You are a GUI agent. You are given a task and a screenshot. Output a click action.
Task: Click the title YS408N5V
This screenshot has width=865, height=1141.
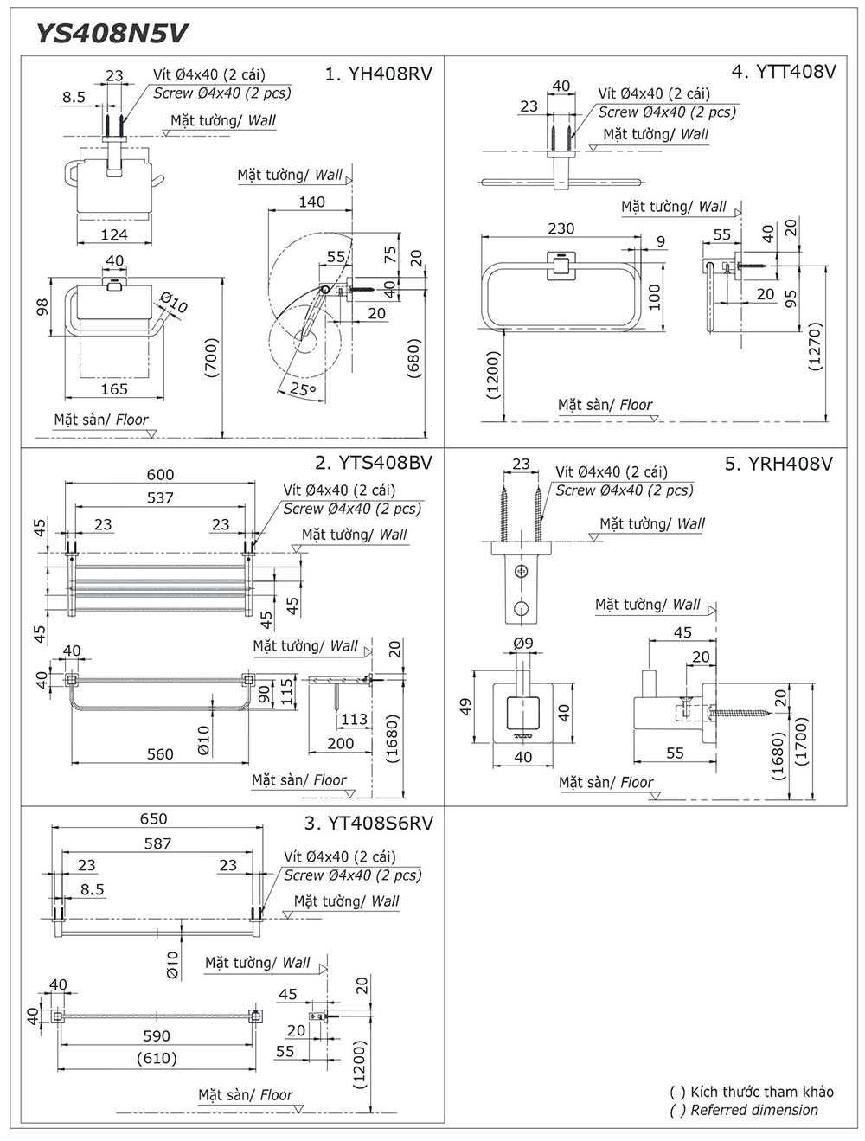click(x=112, y=34)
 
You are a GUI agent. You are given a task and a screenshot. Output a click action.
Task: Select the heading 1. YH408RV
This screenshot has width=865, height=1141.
click(x=378, y=74)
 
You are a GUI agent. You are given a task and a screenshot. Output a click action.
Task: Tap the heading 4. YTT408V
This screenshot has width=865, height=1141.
click(x=784, y=71)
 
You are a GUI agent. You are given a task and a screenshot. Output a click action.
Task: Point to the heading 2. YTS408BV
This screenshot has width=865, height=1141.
click(x=374, y=462)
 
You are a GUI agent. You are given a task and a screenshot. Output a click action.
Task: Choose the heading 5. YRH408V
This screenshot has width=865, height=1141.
click(x=778, y=463)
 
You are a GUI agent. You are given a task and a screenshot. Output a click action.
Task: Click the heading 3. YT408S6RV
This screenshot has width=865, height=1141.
click(x=368, y=823)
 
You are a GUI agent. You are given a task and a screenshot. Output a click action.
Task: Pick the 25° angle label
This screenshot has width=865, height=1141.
click(x=303, y=388)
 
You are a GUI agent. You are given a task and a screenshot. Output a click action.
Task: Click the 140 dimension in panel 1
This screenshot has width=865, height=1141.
click(x=311, y=202)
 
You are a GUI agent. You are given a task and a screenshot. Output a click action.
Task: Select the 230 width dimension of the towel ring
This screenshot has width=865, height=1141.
click(x=561, y=228)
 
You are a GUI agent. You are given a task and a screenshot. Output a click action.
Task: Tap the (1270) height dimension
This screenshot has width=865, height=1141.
click(x=816, y=346)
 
